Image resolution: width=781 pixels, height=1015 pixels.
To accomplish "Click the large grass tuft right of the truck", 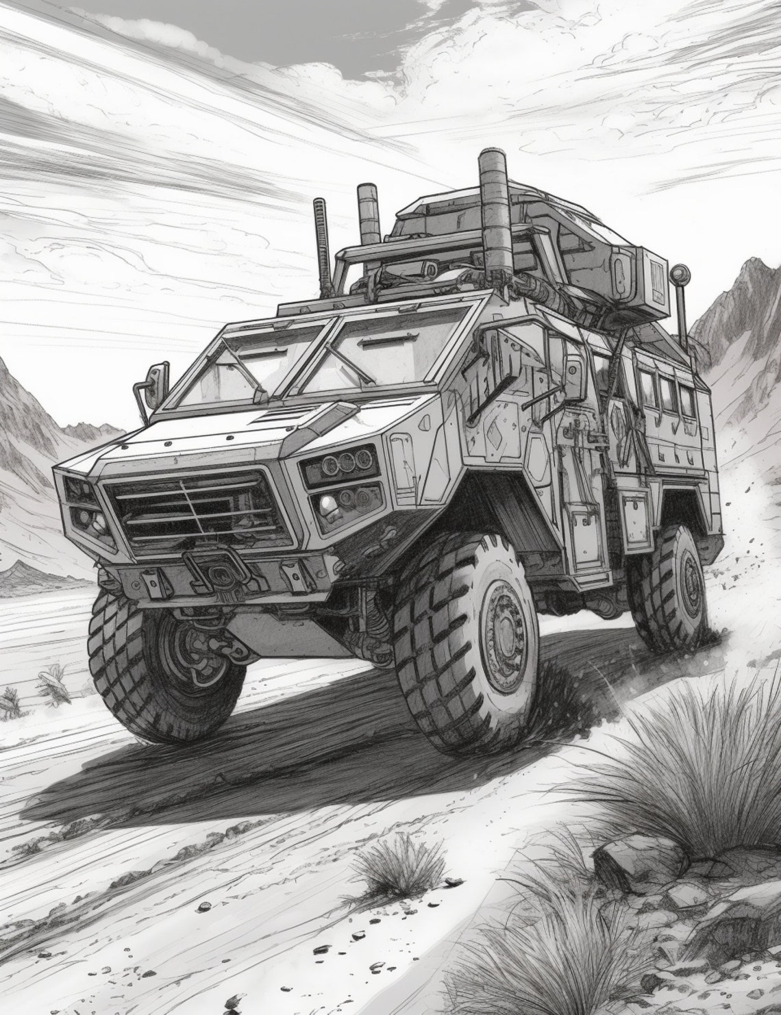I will (685, 788).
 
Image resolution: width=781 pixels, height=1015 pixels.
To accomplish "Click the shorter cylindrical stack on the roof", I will (371, 212).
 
